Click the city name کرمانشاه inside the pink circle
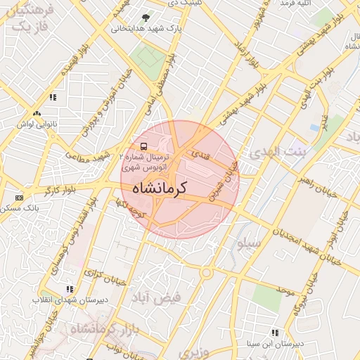[181, 188]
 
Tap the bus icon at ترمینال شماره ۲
[144, 146]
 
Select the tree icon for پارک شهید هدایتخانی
[146, 18]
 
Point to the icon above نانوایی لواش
[37, 112]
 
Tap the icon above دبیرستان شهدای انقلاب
[70, 288]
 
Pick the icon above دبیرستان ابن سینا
[275, 333]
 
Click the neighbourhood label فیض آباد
[156, 297]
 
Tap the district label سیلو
[249, 243]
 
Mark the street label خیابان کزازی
[105, 277]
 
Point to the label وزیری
[193, 351]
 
